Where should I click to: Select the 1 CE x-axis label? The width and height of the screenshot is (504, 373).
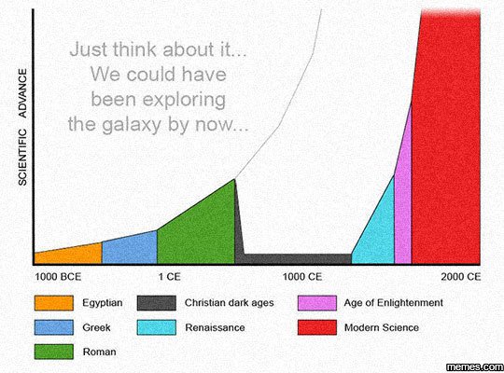point(169,277)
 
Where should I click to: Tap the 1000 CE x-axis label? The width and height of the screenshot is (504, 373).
point(301,277)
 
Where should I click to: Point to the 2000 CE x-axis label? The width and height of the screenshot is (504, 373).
point(461,277)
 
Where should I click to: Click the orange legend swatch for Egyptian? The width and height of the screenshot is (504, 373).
point(53,303)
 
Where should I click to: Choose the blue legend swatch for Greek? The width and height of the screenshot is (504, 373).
point(53,327)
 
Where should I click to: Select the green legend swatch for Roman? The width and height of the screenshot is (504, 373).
point(53,352)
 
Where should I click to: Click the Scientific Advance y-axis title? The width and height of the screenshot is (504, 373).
point(21,126)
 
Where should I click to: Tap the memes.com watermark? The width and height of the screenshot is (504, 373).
point(473,364)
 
